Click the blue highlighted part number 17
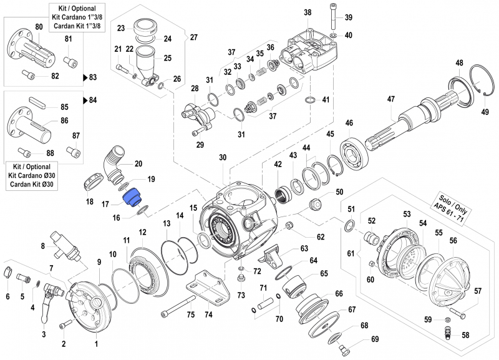click(132, 198)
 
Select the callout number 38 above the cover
click(307, 12)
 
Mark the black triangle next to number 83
click(85, 78)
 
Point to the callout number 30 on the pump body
click(223, 158)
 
